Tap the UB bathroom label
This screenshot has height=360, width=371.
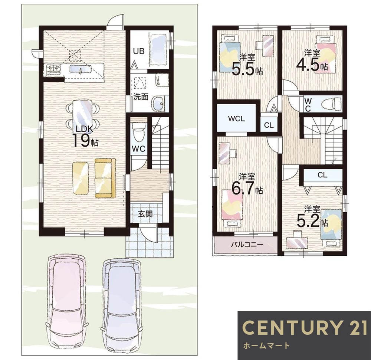click(139, 51)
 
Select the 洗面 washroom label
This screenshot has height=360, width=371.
click(141, 97)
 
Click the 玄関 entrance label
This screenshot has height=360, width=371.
click(145, 214)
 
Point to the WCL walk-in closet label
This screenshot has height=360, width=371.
click(236, 119)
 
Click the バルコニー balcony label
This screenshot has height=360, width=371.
click(247, 244)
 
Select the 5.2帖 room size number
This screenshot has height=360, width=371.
click(312, 221)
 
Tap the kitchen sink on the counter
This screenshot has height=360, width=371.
click(80, 69)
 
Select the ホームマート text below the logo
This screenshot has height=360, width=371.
click(266, 345)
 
